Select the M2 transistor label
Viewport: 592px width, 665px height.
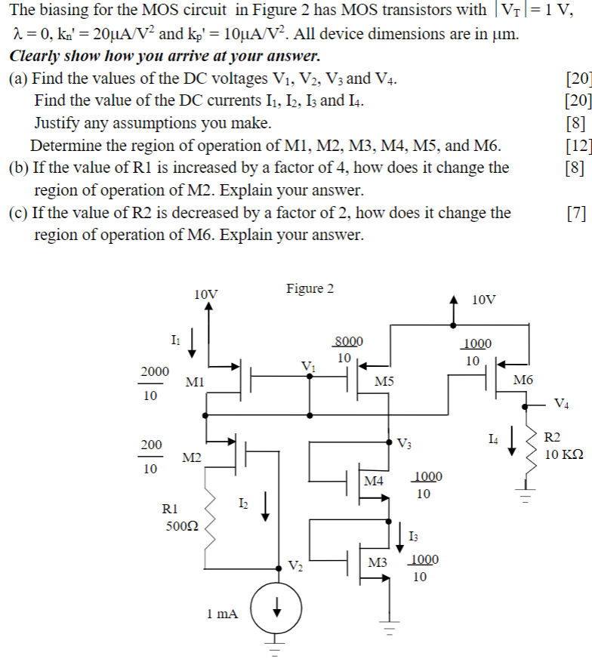point(192,458)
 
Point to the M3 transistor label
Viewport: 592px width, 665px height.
point(378,562)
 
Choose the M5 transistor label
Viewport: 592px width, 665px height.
point(384,382)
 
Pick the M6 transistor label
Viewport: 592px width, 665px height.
point(523,379)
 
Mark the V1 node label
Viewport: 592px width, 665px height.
point(308,367)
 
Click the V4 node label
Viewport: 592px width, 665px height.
point(563,402)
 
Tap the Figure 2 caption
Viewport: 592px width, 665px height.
point(310,288)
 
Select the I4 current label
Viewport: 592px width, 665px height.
point(493,437)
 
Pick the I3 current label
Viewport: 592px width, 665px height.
point(412,536)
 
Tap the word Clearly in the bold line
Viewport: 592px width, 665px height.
point(37,57)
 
